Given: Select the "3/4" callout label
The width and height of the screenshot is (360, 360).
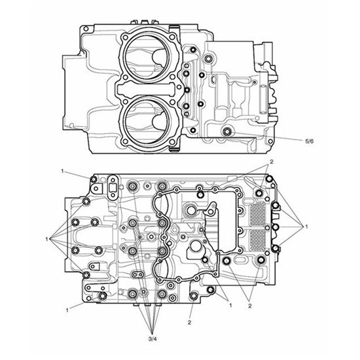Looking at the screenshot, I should [153, 338].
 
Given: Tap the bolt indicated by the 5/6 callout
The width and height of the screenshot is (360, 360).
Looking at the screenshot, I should [227, 134].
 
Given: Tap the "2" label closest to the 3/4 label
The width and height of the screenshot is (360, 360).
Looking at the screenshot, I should [189, 323].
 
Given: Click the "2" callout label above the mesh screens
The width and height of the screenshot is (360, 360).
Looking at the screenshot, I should [271, 161].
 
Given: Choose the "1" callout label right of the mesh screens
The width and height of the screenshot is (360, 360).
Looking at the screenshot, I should [306, 226].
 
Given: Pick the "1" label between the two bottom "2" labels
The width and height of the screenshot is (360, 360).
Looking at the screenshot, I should [230, 305].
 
